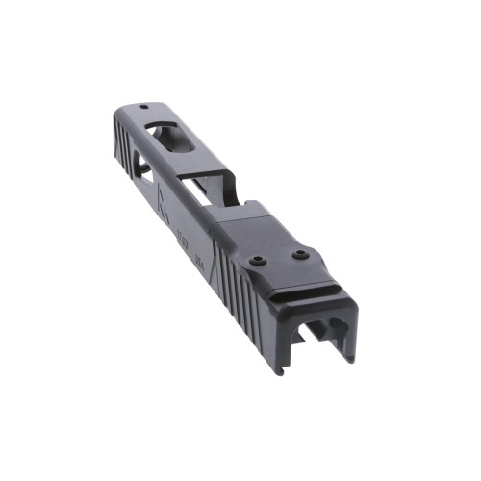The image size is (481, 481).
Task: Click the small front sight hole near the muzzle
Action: pyautogui.click(x=144, y=108)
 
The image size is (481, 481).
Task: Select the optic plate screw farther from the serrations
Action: pyautogui.click(x=300, y=254)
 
